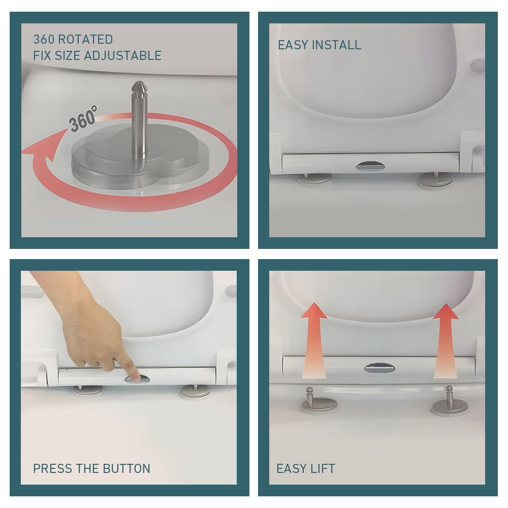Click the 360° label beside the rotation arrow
tap(83, 119)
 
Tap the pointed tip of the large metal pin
tap(139, 82)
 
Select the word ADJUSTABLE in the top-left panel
tap(123, 56)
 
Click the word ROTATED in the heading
tap(85, 40)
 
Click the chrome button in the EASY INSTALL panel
tap(370, 167)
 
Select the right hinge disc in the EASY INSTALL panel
tap(435, 180)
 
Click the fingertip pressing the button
tap(136, 377)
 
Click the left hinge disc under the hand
tap(87, 390)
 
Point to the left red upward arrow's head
tap(313, 311)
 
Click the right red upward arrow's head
tap(446, 312)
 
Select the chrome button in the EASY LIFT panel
tap(379, 368)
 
